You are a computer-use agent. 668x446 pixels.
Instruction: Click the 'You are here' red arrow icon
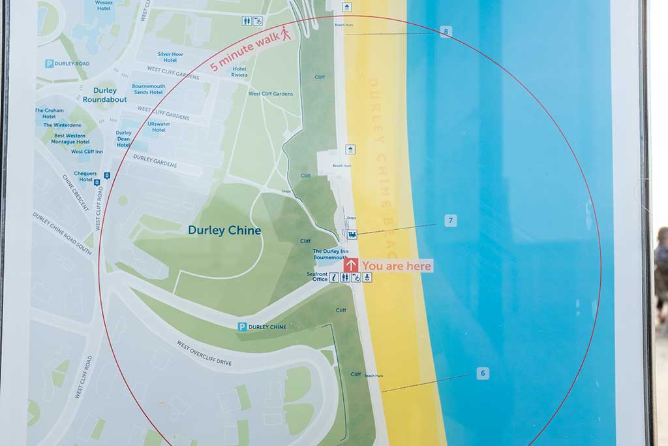pos(351,265)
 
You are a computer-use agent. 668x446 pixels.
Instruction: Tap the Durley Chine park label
pos(224,231)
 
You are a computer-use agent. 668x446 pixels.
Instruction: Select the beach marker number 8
pos(446,31)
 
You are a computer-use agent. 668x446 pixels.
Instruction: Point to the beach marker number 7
pos(451,220)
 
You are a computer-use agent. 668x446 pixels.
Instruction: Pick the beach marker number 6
pos(483,374)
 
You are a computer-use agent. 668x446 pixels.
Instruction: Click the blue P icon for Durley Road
pos(49,63)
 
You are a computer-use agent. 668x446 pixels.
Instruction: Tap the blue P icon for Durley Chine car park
pos(242,327)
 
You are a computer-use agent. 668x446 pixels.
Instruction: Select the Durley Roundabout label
pos(104,95)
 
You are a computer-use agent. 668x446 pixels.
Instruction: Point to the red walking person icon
pos(286,33)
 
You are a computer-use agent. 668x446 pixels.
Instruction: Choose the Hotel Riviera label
pos(239,72)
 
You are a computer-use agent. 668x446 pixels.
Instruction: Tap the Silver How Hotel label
pos(170,57)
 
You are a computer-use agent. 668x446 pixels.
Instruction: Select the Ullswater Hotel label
pos(159,127)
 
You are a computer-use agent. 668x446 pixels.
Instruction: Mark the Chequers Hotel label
pos(85,176)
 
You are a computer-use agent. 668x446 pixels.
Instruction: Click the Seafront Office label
pos(317,277)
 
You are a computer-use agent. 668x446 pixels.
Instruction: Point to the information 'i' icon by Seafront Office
pos(334,278)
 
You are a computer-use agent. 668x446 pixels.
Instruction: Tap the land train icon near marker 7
pos(352,234)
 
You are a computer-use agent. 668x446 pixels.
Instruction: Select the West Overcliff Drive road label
pos(204,353)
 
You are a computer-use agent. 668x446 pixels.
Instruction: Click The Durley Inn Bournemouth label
pos(330,254)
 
